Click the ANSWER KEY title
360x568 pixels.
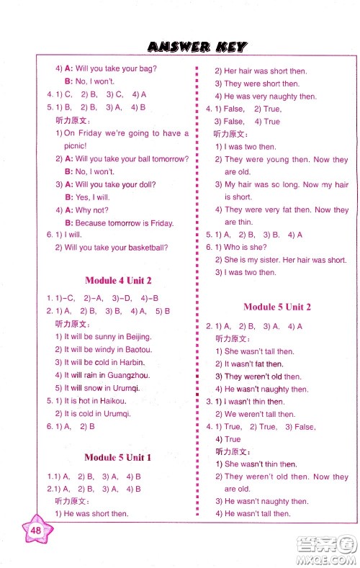196,47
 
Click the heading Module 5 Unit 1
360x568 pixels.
117,457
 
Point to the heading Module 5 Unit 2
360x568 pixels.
276,307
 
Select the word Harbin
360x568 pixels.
130,362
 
